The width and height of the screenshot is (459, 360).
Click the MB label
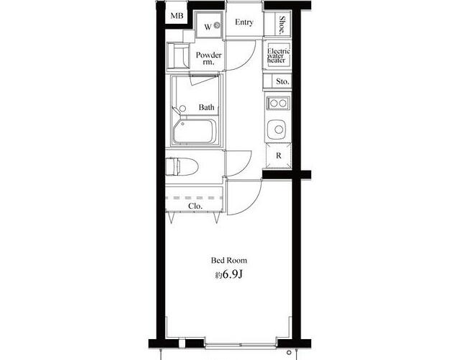click(177, 16)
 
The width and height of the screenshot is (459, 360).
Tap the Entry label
click(244, 22)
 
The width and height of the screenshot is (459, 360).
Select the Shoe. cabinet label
click(282, 25)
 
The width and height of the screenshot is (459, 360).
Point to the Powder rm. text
click(209, 58)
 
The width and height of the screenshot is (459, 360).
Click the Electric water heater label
click(278, 55)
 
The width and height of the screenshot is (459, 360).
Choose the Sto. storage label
click(282, 81)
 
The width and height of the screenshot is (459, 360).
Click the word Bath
click(206, 107)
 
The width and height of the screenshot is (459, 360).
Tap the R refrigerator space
click(278, 156)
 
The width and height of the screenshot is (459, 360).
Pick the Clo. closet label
click(195, 206)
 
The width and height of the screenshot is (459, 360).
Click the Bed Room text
click(229, 260)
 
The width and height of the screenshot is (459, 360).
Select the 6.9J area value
click(233, 274)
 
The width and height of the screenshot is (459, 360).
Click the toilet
click(182, 166)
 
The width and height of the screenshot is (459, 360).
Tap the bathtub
click(195, 131)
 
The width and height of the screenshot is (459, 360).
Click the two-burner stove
click(278, 103)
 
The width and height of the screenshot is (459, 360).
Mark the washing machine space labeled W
click(209, 25)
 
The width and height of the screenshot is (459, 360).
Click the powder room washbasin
click(178, 55)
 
